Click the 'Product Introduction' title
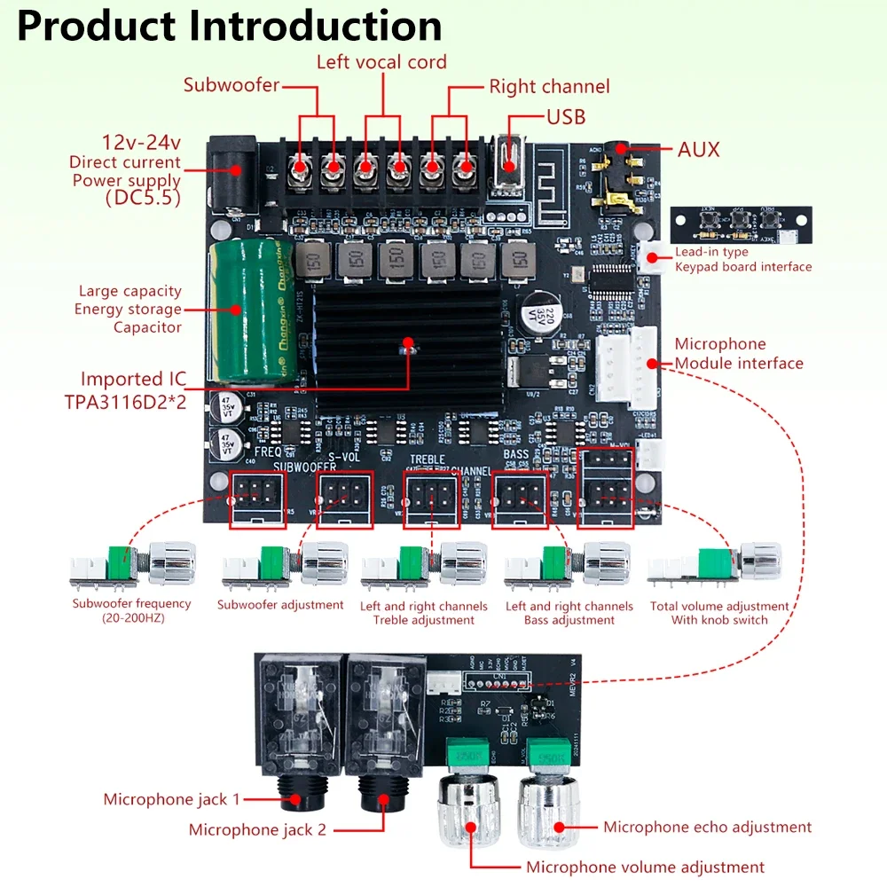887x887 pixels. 229,27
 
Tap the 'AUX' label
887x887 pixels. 698,149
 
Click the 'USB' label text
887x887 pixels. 565,117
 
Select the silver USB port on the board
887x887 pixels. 507,164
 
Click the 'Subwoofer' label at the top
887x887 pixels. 232,86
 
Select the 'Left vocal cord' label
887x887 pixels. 381,62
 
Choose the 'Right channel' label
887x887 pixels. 549,87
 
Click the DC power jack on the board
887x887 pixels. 231,173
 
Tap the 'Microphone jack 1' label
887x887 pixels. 171,799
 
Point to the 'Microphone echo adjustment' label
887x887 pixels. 707,827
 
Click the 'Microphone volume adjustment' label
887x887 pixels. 645,867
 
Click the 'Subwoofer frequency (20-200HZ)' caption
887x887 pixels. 131,610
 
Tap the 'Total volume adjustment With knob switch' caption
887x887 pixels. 718,613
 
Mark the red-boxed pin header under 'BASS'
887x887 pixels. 520,500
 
